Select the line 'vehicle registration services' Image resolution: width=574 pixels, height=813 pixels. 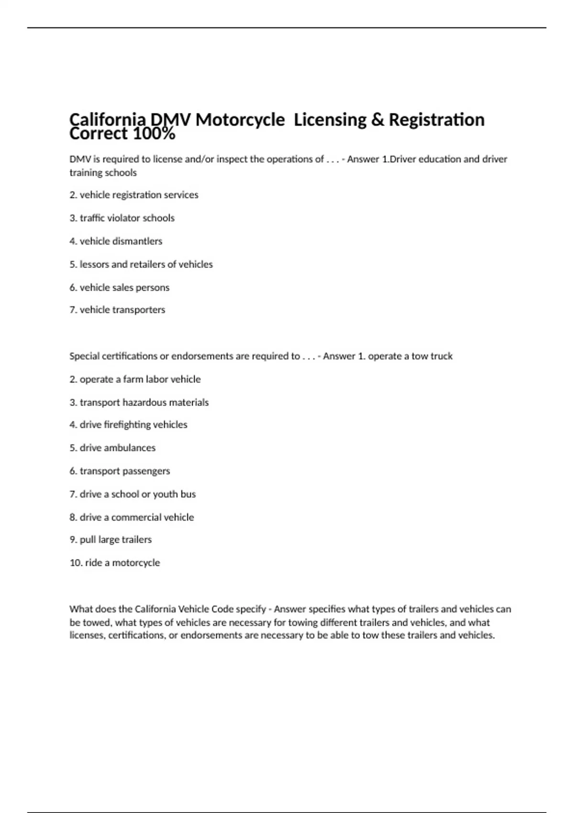click(x=134, y=195)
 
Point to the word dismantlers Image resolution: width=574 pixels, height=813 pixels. click(x=138, y=242)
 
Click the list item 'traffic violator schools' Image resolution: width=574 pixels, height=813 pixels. click(x=122, y=218)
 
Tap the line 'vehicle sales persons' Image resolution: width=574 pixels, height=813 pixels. click(x=120, y=288)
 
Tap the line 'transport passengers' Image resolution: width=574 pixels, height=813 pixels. click(x=120, y=471)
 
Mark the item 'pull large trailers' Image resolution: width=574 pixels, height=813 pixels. click(x=110, y=540)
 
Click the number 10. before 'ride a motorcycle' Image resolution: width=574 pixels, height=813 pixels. click(x=76, y=563)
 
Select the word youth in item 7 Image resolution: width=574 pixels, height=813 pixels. click(x=165, y=494)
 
